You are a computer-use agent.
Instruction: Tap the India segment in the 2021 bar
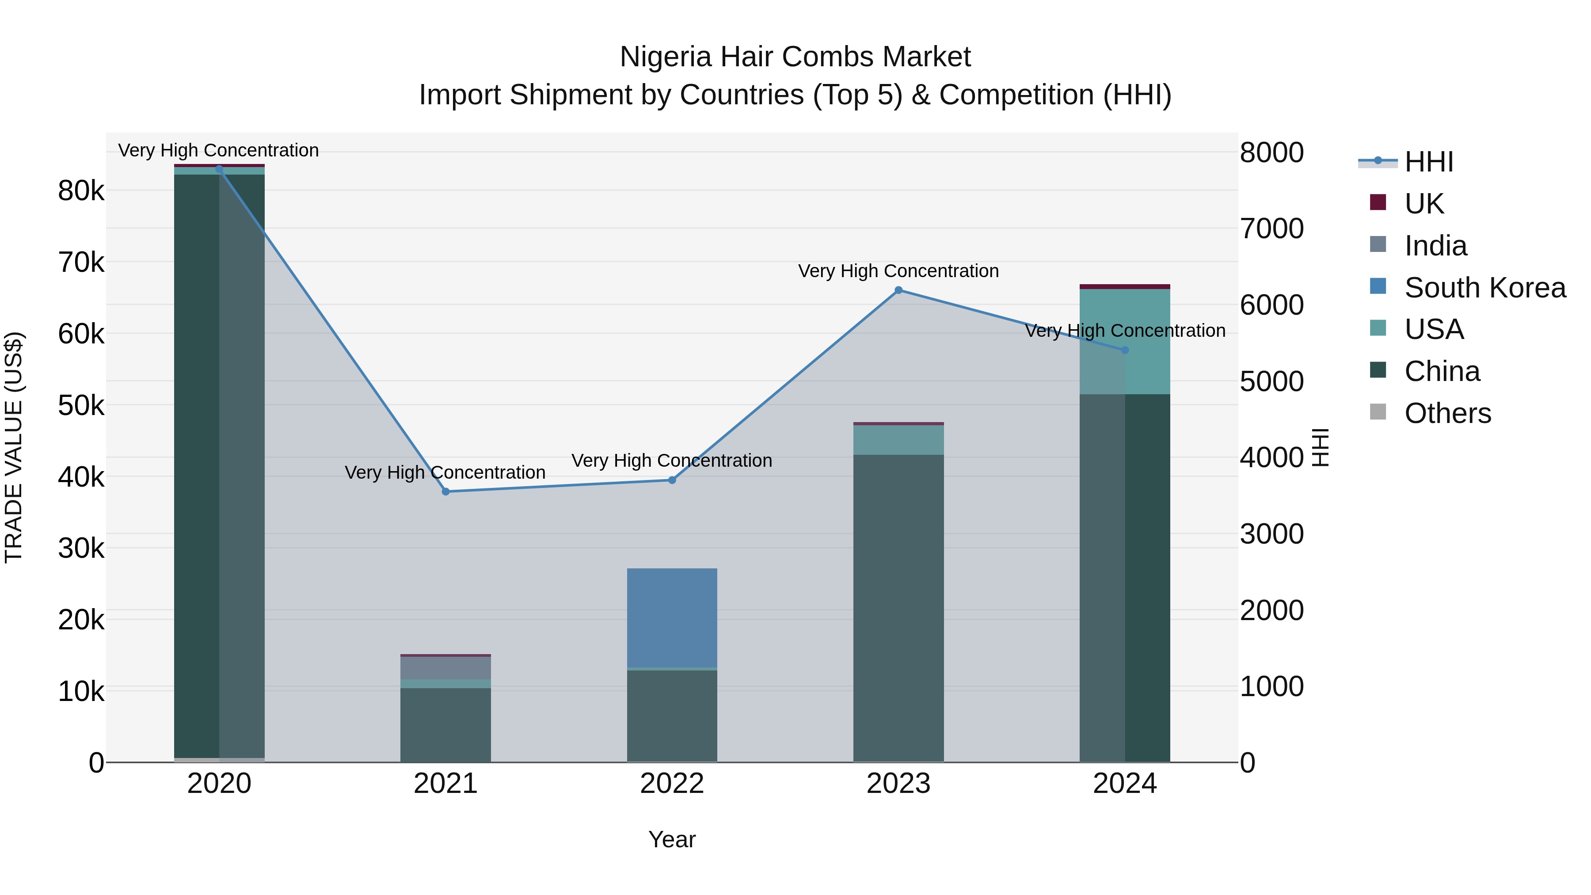pyautogui.click(x=445, y=668)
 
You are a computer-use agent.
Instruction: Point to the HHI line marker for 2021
pyautogui.click(x=445, y=491)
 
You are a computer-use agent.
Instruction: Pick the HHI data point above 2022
pyautogui.click(x=672, y=480)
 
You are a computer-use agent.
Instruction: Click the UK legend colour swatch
pyautogui.click(x=1378, y=202)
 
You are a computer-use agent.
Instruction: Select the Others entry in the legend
pyautogui.click(x=1447, y=413)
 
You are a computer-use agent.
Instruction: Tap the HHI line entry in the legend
pyautogui.click(x=1428, y=162)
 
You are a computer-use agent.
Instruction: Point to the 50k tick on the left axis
pyautogui.click(x=81, y=406)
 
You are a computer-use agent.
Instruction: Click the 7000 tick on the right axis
pyautogui.click(x=1271, y=229)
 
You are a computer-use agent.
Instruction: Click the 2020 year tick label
pyautogui.click(x=219, y=784)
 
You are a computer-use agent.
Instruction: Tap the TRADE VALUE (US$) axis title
pyautogui.click(x=14, y=447)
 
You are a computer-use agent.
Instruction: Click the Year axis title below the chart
pyautogui.click(x=672, y=839)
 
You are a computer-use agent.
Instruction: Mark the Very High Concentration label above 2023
pyautogui.click(x=898, y=271)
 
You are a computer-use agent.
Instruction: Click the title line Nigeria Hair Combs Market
pyautogui.click(x=795, y=57)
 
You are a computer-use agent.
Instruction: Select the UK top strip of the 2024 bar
pyautogui.click(x=1125, y=286)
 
